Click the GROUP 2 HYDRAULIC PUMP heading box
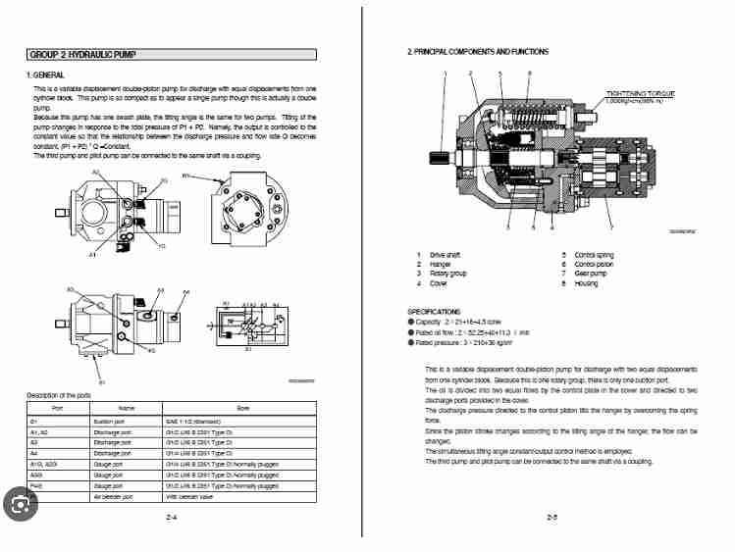[x=170, y=55]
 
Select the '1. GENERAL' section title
[x=45, y=75]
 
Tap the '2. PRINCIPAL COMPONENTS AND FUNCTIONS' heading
[x=478, y=51]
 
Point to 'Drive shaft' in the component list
[x=446, y=255]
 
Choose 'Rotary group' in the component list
[x=447, y=274]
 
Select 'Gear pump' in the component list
[x=591, y=274]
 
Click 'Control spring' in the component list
[x=596, y=255]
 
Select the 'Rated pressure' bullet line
[x=466, y=342]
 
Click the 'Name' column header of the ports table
[x=126, y=407]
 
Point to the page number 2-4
[x=171, y=516]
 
